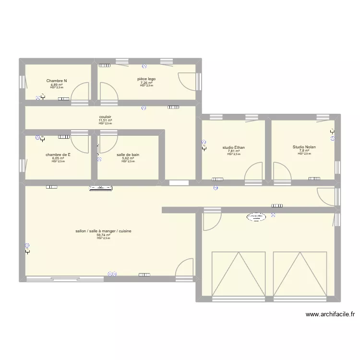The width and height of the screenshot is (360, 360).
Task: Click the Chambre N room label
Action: coord(57,81)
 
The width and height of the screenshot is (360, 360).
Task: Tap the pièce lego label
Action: coord(146,79)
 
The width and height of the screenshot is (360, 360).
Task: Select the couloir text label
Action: coord(105,117)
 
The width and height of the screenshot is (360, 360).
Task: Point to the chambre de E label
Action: coord(58,155)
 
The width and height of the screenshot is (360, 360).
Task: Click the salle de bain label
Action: coord(128,155)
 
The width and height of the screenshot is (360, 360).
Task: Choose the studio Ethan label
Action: coord(234,147)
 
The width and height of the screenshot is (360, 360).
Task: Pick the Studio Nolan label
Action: coord(304,147)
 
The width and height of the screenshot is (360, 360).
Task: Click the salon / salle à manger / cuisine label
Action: coord(103,231)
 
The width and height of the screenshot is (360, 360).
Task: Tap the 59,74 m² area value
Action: coord(103,235)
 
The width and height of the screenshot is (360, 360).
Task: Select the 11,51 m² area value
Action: coord(105,120)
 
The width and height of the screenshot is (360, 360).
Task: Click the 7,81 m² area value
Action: coord(234,151)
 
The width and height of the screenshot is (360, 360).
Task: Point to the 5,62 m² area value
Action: coord(128,158)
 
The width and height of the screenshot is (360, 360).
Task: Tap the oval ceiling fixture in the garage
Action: coord(255,217)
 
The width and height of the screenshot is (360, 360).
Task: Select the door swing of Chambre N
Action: coord(80,91)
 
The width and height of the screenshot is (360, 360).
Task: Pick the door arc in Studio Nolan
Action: coord(281,171)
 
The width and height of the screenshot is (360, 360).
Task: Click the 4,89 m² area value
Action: coord(57,84)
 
